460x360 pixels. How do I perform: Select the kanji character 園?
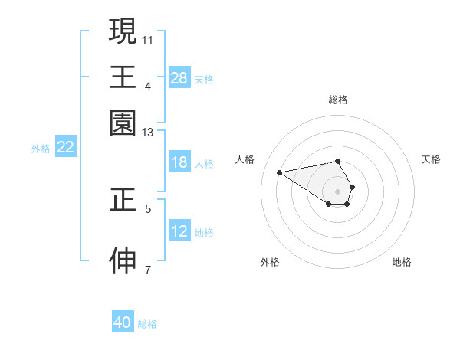click(x=123, y=123)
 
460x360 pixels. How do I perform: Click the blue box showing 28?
click(x=179, y=78)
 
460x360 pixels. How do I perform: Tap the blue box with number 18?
click(x=179, y=162)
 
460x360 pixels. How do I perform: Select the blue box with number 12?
click(x=179, y=231)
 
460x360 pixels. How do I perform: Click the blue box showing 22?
click(x=65, y=147)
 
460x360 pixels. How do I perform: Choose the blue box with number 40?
click(x=123, y=322)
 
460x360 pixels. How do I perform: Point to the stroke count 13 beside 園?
click(x=148, y=133)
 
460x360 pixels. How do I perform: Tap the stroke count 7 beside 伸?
click(x=148, y=270)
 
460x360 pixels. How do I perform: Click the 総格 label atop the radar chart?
click(x=338, y=100)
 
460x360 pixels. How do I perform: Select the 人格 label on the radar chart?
click(x=245, y=159)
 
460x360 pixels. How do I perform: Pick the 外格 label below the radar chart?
click(x=270, y=262)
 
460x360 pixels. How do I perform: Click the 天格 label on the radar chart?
click(x=431, y=159)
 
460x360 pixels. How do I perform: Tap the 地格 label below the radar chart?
click(x=402, y=262)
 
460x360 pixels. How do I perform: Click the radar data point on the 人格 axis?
click(x=280, y=172)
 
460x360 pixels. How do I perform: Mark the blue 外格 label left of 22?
click(x=41, y=149)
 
